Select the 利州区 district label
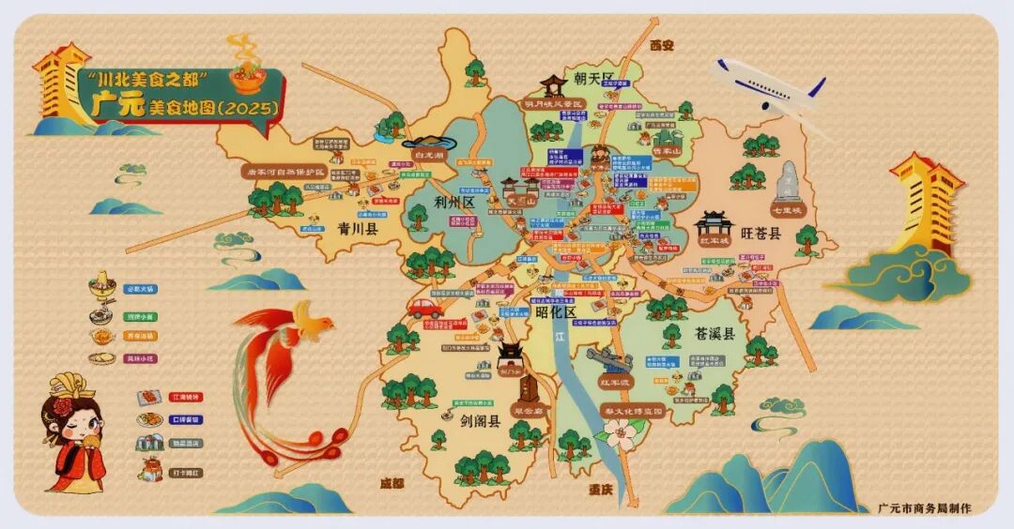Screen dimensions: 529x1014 pyautogui.click(x=455, y=203)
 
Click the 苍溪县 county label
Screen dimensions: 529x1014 pyautogui.click(x=715, y=333)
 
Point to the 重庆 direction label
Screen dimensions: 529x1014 pyautogui.click(x=601, y=490)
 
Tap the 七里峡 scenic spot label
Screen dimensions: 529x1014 pyautogui.click(x=785, y=210)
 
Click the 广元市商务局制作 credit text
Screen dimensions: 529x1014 pyautogui.click(x=924, y=507)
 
